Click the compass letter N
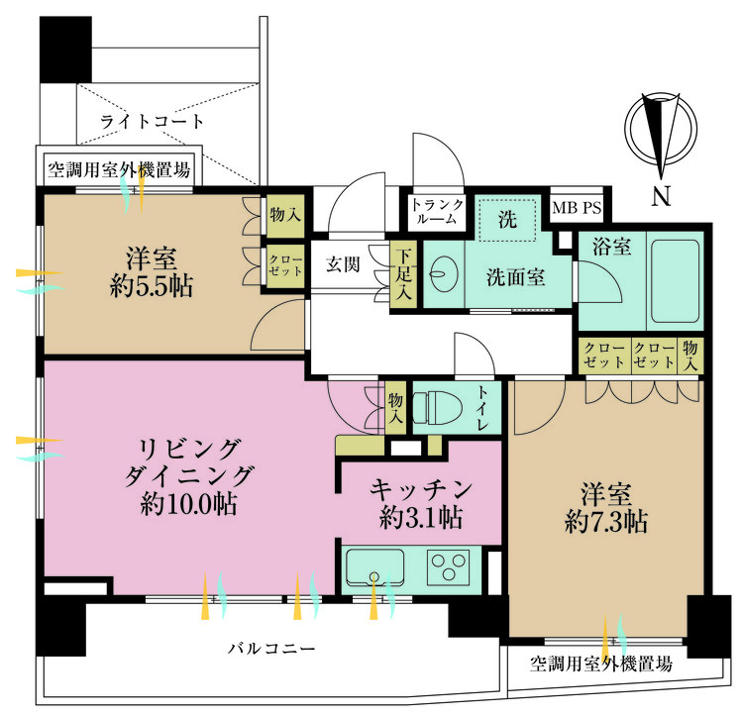pyautogui.click(x=661, y=196)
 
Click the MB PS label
pyautogui.click(x=577, y=209)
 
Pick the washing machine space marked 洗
pyautogui.click(x=507, y=220)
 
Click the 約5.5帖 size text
pyautogui.click(x=153, y=287)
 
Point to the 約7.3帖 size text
pyautogui.click(x=606, y=523)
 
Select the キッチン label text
pyautogui.click(x=420, y=489)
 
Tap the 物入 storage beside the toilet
pyautogui.click(x=395, y=407)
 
